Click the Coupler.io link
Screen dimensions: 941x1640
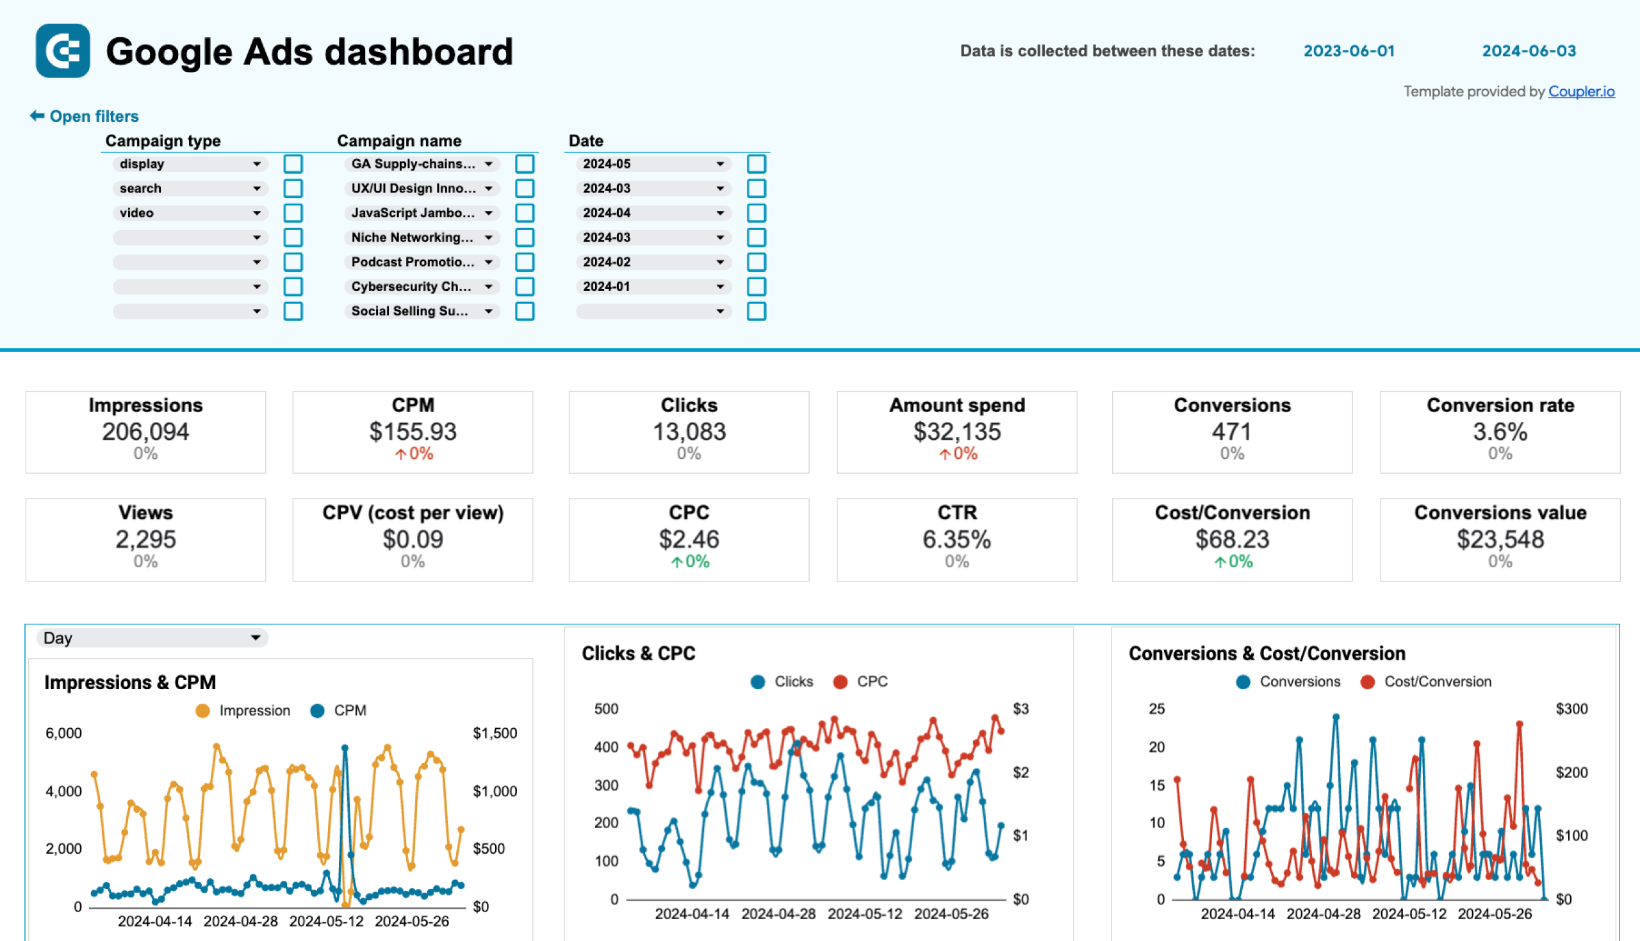point(1580,92)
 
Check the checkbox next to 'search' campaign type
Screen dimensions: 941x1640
point(293,188)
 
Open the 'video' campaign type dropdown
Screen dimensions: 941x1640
point(189,213)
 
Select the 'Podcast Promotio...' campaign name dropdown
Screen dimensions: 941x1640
point(421,262)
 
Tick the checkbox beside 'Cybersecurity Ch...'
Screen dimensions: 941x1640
point(524,287)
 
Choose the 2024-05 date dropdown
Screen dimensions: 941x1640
point(652,163)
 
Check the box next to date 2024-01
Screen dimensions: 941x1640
point(756,287)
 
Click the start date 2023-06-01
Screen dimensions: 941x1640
point(1348,51)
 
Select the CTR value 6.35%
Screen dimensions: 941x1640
point(956,539)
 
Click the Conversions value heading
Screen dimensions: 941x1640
point(1499,513)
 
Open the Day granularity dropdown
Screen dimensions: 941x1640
point(151,638)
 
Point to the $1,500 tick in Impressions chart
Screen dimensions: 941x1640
point(494,733)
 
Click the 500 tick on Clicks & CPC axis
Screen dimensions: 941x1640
point(606,709)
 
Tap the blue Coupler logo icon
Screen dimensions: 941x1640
point(63,51)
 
